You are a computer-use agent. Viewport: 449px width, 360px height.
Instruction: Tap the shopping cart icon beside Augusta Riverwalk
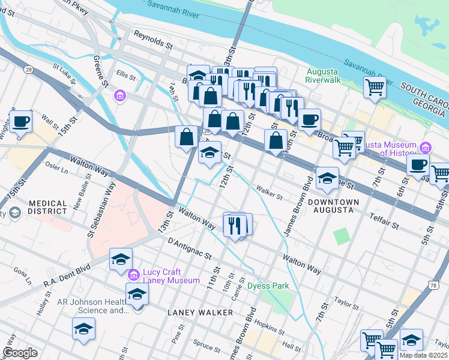(375, 87)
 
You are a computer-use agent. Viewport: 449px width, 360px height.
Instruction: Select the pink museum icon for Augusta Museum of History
(426, 147)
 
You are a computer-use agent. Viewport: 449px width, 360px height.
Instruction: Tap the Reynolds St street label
(153, 40)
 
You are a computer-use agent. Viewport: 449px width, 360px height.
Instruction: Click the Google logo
(20, 353)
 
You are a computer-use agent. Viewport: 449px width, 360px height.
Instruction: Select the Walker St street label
(269, 193)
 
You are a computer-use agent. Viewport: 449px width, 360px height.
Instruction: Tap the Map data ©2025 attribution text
(423, 355)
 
